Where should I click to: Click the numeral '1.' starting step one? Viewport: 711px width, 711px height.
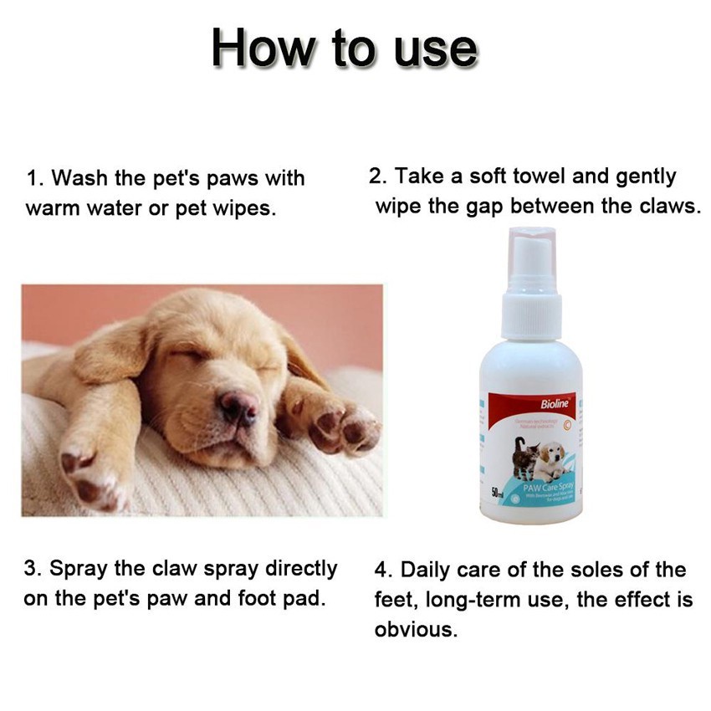click(x=35, y=179)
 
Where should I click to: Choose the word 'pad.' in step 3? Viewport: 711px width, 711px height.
click(x=304, y=600)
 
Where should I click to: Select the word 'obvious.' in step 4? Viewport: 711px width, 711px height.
click(x=417, y=630)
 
